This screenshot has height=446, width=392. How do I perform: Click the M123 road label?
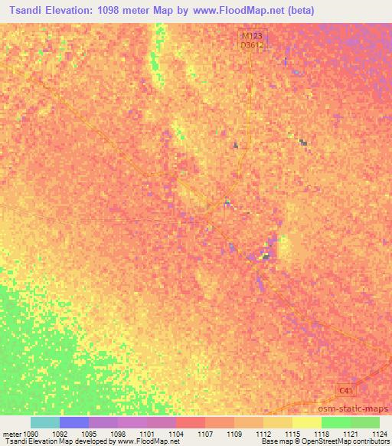point(252,35)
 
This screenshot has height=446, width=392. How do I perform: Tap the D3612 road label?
point(252,45)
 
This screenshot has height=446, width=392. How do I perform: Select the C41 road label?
point(346,391)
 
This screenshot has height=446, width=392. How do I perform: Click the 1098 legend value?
point(118,434)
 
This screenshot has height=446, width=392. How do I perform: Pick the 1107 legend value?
point(205,434)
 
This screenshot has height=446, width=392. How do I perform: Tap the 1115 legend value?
point(292,434)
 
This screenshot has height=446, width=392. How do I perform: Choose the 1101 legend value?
point(147,434)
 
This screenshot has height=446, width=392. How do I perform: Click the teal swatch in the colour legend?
point(45,422)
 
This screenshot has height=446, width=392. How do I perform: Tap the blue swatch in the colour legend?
point(74,422)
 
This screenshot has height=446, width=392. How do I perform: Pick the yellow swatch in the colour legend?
point(306,422)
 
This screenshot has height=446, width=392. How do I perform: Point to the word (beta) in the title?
point(299,11)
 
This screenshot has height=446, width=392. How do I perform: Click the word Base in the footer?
point(269,441)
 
